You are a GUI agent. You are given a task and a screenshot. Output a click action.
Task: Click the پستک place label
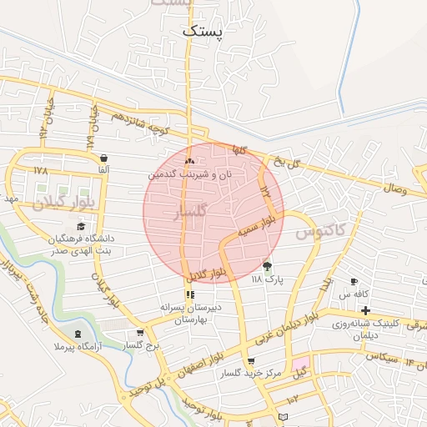point(203,31)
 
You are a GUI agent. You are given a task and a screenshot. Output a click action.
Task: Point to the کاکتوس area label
point(320,229)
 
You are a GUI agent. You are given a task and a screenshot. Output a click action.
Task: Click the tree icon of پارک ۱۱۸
point(267,267)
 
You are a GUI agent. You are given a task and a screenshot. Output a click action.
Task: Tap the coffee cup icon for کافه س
point(354,282)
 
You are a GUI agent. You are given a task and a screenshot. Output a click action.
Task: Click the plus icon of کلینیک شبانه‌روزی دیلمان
point(365,310)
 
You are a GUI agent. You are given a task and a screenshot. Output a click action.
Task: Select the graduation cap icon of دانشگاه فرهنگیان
point(81,226)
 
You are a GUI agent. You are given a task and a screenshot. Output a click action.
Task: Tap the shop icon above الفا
point(103,158)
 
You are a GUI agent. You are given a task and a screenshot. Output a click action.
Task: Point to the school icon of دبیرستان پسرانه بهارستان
point(190,294)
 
